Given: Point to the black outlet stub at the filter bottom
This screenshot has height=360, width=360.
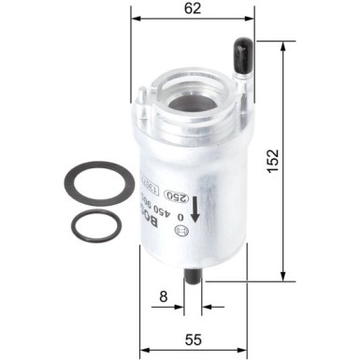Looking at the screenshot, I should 194,278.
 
